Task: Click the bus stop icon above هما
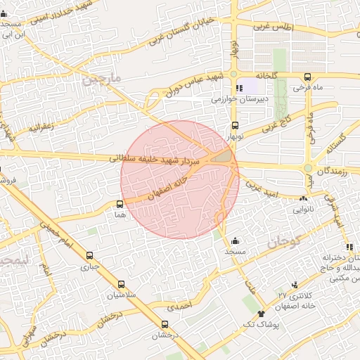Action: (x=120, y=204)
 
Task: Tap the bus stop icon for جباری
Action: (x=89, y=256)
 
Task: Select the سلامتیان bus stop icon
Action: (x=122, y=285)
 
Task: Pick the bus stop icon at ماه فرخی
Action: (x=307, y=77)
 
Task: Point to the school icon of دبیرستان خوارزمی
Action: (x=240, y=89)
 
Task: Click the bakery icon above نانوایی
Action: (x=303, y=199)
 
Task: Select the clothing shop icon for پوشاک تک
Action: (x=262, y=314)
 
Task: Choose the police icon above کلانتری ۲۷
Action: (x=295, y=285)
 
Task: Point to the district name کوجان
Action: (x=284, y=243)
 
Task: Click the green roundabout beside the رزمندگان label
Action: (x=307, y=169)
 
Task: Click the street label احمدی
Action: (x=180, y=307)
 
